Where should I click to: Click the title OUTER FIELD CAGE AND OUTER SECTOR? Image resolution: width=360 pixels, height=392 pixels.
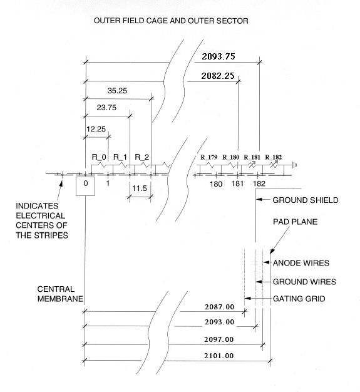(171, 21)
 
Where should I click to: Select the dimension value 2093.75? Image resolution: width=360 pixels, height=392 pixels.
(219, 56)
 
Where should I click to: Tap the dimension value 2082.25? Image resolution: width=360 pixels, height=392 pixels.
(218, 76)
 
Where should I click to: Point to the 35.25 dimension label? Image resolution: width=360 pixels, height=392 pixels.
(117, 91)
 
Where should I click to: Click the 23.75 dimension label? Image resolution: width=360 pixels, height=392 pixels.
(106, 108)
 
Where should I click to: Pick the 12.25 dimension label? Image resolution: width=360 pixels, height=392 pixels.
(96, 129)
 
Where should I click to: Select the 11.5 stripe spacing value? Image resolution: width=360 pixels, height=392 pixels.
(140, 188)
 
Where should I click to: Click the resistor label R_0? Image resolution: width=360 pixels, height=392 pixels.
(99, 157)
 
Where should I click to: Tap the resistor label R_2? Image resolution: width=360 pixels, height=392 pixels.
(141, 157)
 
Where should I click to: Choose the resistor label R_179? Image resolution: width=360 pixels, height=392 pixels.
(209, 157)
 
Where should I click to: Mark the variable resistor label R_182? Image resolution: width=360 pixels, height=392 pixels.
(273, 157)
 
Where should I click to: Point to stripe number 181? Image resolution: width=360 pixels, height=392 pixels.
(237, 183)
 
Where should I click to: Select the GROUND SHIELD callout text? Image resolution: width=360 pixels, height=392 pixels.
(306, 200)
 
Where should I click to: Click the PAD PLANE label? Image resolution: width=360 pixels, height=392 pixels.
(296, 222)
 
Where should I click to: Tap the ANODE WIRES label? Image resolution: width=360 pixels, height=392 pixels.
(301, 263)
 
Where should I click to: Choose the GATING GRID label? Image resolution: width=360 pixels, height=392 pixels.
(299, 299)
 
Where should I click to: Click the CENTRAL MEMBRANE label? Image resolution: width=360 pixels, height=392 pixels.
(60, 294)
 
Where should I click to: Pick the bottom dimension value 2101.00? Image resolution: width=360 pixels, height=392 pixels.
(219, 356)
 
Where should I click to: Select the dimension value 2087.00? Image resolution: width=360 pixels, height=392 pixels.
(220, 307)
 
